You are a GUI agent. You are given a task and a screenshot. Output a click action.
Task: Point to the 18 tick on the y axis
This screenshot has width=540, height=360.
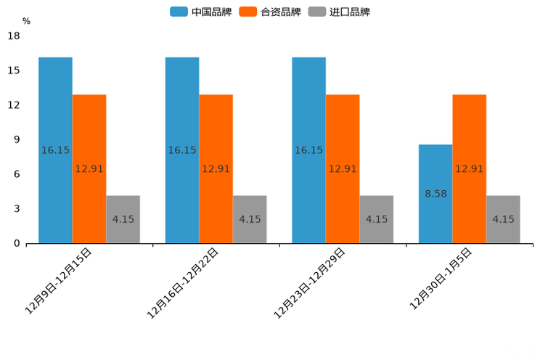(13, 36)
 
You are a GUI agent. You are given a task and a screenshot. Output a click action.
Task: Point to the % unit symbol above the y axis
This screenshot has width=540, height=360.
(26, 21)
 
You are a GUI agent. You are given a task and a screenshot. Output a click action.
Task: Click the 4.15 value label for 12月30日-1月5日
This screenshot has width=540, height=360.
(503, 219)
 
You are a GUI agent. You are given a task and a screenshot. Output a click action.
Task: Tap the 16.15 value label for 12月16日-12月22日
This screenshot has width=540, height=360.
(182, 150)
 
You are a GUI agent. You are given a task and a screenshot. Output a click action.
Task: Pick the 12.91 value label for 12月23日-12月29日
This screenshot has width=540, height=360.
(343, 169)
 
